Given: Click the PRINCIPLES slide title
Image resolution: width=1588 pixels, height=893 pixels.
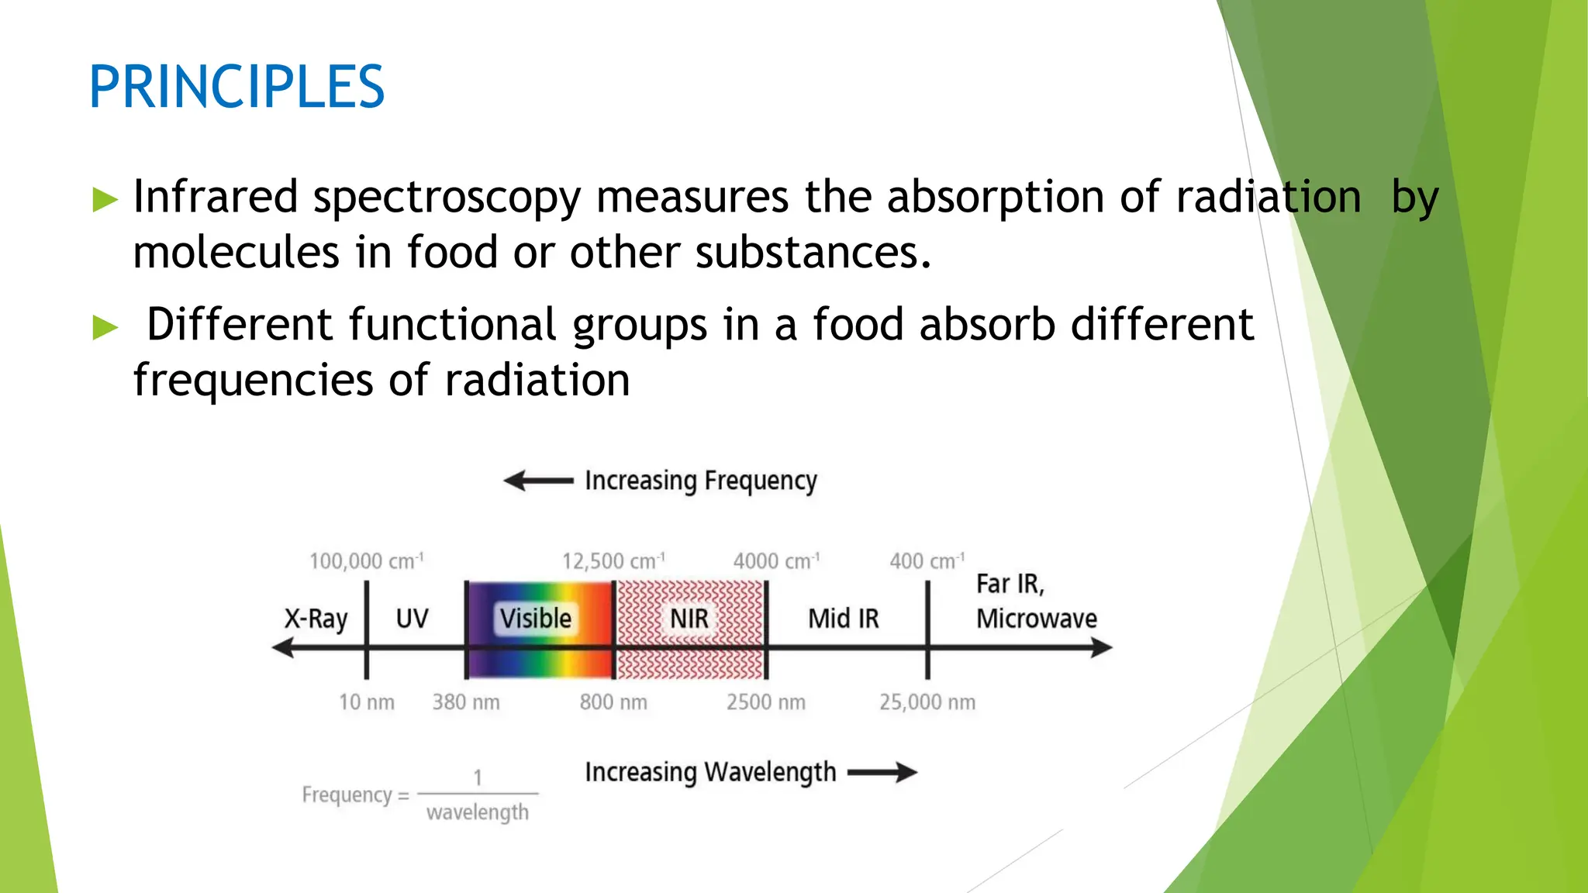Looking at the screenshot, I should [236, 87].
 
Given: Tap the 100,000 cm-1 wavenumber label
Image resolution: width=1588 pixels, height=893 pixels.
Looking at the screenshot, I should [366, 560].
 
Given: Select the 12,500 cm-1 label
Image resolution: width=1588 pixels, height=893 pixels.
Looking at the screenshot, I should [613, 560].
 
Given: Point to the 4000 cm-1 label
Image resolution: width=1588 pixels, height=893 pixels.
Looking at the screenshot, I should [776, 560].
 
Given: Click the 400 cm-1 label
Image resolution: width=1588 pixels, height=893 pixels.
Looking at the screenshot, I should [927, 560].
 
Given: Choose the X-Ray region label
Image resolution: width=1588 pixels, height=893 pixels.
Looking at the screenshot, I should [316, 619].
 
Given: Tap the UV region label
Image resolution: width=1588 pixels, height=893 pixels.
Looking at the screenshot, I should [412, 619].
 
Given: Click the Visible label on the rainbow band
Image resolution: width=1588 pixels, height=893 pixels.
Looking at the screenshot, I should [536, 619].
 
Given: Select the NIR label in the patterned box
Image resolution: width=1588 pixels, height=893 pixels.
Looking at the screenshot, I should [689, 619].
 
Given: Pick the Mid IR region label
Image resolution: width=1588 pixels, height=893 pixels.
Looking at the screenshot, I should [844, 619].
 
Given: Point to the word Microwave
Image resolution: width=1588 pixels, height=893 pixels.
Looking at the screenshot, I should [1037, 619].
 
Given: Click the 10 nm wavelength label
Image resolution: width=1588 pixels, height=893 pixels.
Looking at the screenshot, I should [366, 702].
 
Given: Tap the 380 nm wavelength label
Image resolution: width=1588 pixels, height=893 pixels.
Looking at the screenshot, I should [466, 702].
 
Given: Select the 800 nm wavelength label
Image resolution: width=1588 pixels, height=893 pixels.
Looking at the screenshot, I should [613, 702].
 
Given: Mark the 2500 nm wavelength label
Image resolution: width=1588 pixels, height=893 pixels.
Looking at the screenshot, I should [766, 702].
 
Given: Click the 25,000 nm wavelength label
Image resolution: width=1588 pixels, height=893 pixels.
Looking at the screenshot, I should [927, 702].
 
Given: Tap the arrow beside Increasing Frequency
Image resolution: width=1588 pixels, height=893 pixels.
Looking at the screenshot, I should [538, 481].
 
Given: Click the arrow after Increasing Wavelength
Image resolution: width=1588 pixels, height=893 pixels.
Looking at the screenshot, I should [882, 772].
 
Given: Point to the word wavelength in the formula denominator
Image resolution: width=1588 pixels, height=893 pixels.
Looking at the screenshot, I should [478, 812].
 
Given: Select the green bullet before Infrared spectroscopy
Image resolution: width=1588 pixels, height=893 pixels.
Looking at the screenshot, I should [105, 200].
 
